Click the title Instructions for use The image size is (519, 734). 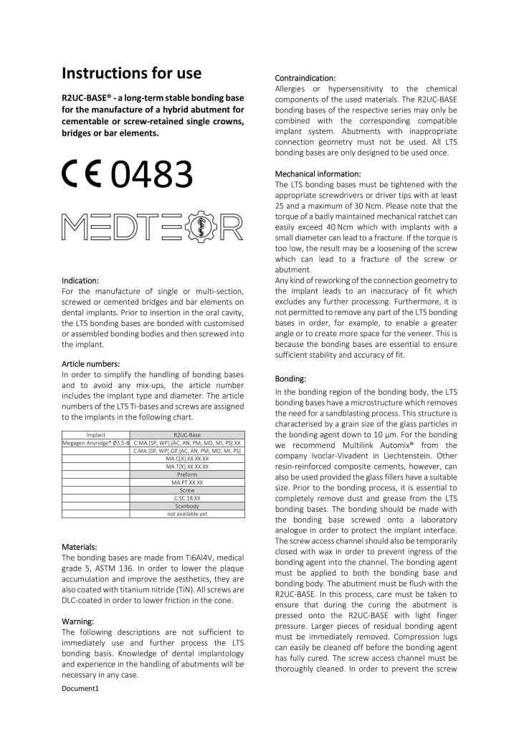click(x=131, y=73)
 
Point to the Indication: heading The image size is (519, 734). click(x=80, y=281)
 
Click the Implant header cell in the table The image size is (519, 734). click(x=96, y=435)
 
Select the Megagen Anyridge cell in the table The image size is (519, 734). click(x=96, y=444)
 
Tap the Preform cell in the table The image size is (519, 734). click(x=188, y=475)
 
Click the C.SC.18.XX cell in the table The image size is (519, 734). click(x=188, y=498)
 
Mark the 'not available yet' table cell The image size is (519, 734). click(x=188, y=514)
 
